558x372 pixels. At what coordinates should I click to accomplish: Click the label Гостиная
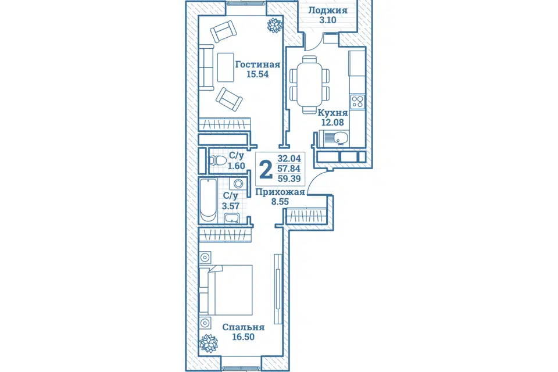click(x=257, y=65)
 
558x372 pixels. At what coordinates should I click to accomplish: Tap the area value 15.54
click(x=257, y=74)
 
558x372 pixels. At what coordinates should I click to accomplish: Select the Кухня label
click(x=332, y=113)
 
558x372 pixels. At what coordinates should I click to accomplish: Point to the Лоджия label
click(x=327, y=10)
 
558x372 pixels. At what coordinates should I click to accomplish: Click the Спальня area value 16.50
click(x=244, y=337)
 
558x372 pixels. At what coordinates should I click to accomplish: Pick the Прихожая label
click(x=280, y=192)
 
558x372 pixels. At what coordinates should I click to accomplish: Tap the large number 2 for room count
click(x=266, y=170)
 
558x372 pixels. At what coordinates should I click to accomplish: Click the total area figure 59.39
click(x=289, y=178)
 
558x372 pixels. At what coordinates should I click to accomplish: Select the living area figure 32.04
click(x=289, y=159)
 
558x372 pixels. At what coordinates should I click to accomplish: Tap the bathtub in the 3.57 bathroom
click(x=208, y=201)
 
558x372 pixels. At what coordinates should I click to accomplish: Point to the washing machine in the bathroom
click(x=238, y=184)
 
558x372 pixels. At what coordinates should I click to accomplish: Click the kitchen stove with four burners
click(x=357, y=102)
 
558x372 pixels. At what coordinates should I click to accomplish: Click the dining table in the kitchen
click(x=309, y=84)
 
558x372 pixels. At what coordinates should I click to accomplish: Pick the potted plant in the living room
click(x=275, y=25)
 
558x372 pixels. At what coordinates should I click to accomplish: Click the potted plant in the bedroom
click(x=208, y=344)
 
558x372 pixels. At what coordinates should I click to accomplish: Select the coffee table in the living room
click(x=226, y=67)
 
